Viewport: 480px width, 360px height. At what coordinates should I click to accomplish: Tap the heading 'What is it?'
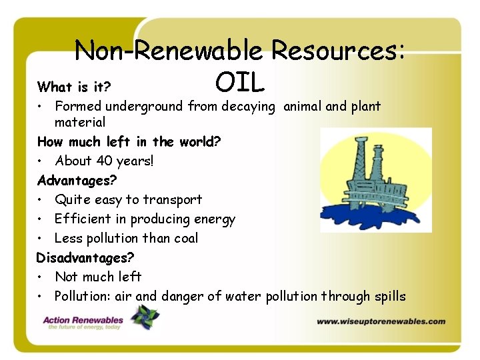(x=74, y=87)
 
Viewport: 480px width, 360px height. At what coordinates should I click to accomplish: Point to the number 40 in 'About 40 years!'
(x=104, y=161)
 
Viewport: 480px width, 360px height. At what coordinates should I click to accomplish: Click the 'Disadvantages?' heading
(x=85, y=257)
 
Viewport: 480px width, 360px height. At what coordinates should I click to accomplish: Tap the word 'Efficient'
(x=83, y=219)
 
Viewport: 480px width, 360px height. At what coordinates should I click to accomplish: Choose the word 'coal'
(x=184, y=238)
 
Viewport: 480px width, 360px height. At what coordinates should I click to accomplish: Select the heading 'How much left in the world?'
(x=129, y=141)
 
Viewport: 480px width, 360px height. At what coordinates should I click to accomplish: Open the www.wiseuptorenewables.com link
(x=381, y=321)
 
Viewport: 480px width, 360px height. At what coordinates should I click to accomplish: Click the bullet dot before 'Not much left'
(x=41, y=277)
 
